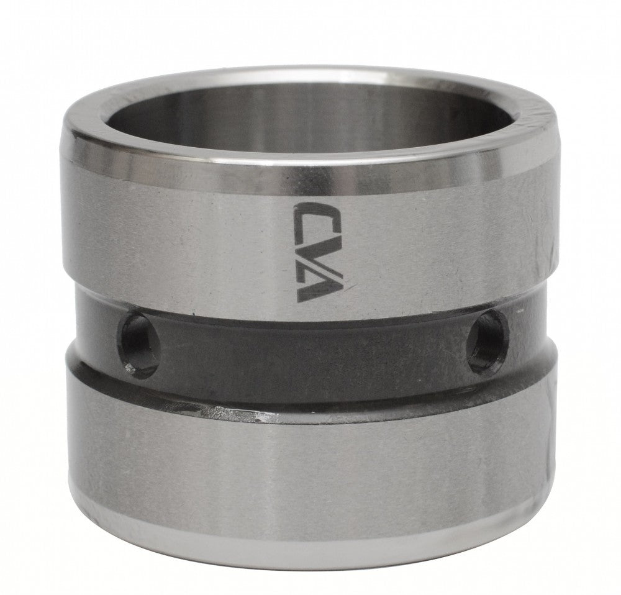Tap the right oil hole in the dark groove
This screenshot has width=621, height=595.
488,342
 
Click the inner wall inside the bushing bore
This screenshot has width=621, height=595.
309,119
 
